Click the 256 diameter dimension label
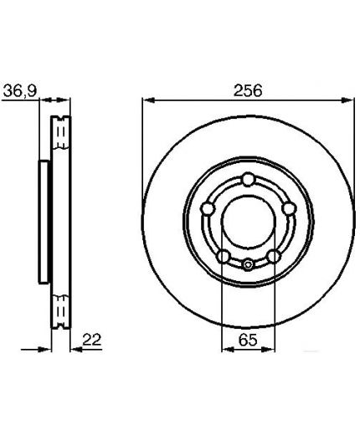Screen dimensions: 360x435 (248, 90)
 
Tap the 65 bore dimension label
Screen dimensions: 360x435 (248, 340)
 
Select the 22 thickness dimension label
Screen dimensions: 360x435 (92, 340)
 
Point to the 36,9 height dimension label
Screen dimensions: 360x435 (20, 91)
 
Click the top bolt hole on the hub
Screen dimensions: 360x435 (248, 180)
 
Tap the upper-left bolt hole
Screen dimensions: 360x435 (208, 208)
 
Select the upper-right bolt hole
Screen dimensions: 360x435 (288, 208)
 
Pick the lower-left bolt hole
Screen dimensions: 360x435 (224, 256)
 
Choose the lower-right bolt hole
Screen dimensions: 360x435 (273, 256)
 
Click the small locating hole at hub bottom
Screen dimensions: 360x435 (248, 264)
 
